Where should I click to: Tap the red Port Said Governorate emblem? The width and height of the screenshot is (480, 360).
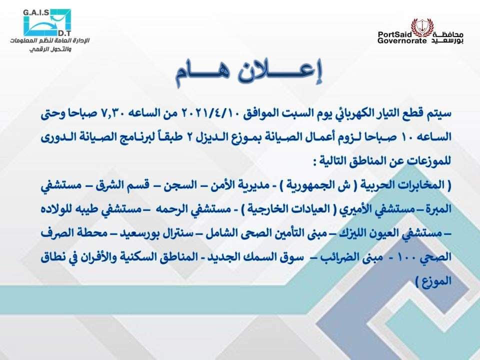click(418, 27)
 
